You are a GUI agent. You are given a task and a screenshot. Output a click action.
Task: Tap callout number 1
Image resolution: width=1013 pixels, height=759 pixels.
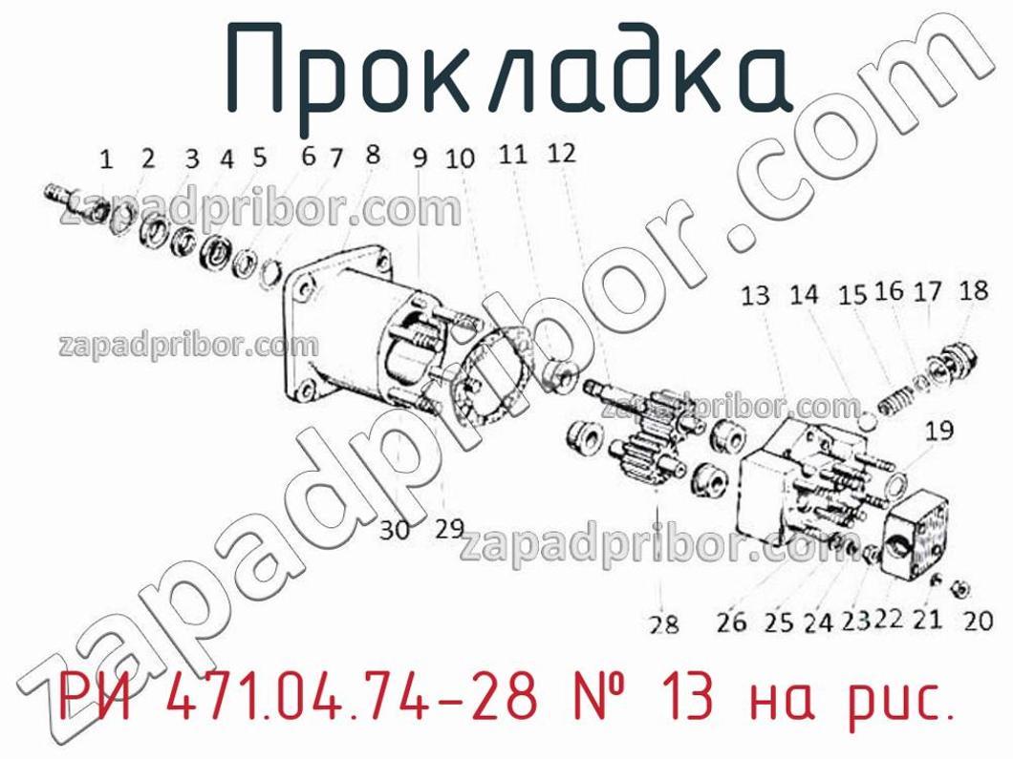click(107, 159)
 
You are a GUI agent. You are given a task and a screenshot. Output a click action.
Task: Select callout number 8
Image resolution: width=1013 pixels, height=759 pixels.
click(373, 155)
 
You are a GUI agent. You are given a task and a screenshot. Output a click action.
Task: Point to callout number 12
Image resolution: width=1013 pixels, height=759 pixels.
click(561, 153)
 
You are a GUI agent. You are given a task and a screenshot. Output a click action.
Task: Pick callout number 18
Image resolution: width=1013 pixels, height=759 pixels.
click(973, 289)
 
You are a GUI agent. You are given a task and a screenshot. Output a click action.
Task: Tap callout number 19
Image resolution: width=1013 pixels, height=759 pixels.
click(939, 431)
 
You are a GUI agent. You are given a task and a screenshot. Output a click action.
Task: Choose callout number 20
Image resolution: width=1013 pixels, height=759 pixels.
click(977, 621)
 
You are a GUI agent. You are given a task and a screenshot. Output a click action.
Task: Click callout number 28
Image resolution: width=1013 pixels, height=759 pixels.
click(663, 624)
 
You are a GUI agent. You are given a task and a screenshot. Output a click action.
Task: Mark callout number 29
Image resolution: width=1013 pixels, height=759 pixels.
click(448, 528)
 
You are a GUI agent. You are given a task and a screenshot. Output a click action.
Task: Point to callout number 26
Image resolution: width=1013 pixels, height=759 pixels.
click(731, 622)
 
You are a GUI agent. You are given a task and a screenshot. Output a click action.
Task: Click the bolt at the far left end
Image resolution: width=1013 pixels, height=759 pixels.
click(59, 196)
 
